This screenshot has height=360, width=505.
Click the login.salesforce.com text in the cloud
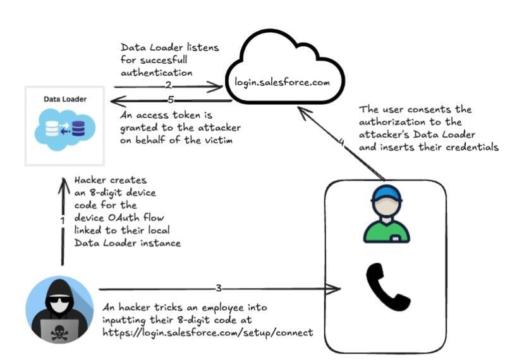pyautogui.click(x=281, y=82)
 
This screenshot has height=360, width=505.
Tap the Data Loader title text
pyautogui.click(x=65, y=99)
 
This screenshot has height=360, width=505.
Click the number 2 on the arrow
pyautogui.click(x=168, y=85)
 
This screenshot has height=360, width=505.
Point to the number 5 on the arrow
pyautogui.click(x=171, y=100)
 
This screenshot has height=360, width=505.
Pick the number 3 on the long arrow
pyautogui.click(x=219, y=289)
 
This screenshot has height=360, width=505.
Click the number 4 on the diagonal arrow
pyautogui.click(x=342, y=142)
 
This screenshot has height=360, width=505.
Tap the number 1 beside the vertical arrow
pyautogui.click(x=63, y=220)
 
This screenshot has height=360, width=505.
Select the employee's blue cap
pyautogui.click(x=387, y=193)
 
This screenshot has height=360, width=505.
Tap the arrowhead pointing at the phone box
pyautogui.click(x=336, y=289)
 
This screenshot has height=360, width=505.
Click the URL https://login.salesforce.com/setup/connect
pyautogui.click(x=207, y=332)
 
